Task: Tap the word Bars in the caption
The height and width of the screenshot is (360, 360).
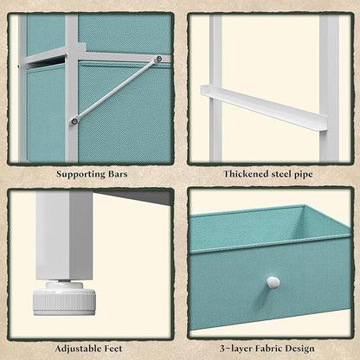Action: pyautogui.click(x=118, y=174)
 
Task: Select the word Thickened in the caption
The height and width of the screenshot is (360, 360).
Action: pyautogui.click(x=246, y=174)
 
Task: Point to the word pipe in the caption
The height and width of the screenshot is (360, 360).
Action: pyautogui.click(x=304, y=175)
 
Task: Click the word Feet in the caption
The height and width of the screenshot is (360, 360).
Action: pyautogui.click(x=112, y=348)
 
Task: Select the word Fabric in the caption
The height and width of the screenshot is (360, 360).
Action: pyautogui.click(x=269, y=348)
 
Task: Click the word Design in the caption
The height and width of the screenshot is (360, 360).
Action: pyautogui.click(x=299, y=349)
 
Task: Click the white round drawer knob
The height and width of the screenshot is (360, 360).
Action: pyautogui.click(x=273, y=282)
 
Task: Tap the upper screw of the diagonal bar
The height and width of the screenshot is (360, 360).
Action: pyautogui.click(x=158, y=59)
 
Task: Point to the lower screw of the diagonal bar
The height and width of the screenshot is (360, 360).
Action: pyautogui.click(x=74, y=121)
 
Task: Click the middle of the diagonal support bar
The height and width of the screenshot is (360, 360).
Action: pyautogui.click(x=117, y=90)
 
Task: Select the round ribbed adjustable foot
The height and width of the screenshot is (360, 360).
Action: pyautogui.click(x=64, y=299)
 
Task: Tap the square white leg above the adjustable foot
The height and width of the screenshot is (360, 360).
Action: pyautogui.click(x=64, y=235)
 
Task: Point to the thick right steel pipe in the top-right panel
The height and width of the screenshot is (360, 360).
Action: pyautogui.click(x=329, y=88)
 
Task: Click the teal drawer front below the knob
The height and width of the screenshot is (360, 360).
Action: pyautogui.click(x=270, y=303)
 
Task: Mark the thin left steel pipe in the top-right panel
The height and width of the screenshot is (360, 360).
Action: pyautogui.click(x=215, y=88)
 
